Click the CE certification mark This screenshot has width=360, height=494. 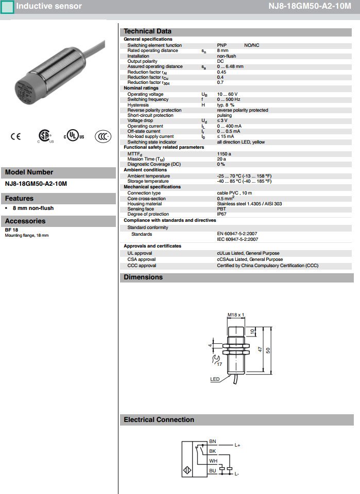point(16,136)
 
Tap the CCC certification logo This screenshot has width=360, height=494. point(102,136)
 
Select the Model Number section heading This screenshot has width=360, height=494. point(29,172)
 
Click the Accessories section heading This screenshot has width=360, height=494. point(25,221)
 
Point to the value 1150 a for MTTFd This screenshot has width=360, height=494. point(224,153)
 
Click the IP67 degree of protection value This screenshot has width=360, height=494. point(221,214)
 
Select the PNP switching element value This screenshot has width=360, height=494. point(221,45)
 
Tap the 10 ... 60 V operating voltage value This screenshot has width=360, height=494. point(227,94)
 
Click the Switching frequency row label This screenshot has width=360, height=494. point(148,99)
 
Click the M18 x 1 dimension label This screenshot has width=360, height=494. point(235,314)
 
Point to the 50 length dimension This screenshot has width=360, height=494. point(268,349)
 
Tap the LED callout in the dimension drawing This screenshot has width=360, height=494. point(215,379)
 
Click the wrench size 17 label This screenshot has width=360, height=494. point(219,364)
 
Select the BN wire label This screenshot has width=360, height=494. point(213,442)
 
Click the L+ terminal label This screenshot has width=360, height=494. point(237,445)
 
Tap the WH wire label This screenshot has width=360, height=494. point(213,461)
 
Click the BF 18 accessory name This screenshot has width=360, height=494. point(11,230)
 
